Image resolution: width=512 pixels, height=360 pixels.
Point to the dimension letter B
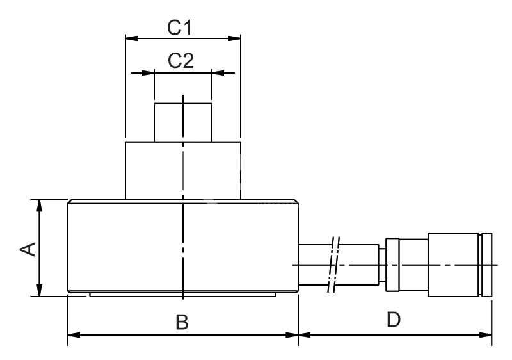tap(182, 322)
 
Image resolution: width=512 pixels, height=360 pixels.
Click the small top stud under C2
tap(182, 122)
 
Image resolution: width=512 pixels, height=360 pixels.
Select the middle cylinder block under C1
tap(182, 170)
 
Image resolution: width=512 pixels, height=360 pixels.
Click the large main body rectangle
tap(128, 247)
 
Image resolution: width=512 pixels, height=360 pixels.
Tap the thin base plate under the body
tap(182, 295)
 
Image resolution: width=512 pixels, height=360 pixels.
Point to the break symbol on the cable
tap(335, 264)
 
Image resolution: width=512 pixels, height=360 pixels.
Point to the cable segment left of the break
tap(314, 264)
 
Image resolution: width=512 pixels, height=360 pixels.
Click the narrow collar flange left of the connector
tap(392, 264)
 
